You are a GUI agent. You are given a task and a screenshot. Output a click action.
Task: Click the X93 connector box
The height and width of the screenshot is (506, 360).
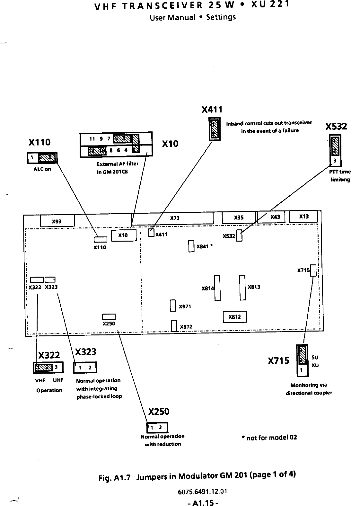(57, 221)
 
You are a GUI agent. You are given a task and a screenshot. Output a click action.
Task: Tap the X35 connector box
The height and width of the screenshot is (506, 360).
(239, 217)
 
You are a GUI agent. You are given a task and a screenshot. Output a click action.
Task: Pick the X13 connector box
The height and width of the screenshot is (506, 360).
(303, 217)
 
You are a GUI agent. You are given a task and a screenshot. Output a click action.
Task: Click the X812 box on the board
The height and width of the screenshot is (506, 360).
(235, 317)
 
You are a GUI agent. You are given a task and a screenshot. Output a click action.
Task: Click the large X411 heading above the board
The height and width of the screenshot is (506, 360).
(212, 110)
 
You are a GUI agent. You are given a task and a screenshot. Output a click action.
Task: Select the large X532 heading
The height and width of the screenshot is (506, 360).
(336, 127)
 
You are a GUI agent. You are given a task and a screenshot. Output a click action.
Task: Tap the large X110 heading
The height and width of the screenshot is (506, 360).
(40, 142)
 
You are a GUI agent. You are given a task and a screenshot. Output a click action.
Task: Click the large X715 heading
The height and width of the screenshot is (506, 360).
(278, 361)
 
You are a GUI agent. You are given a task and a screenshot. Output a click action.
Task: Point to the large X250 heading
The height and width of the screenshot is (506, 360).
(159, 412)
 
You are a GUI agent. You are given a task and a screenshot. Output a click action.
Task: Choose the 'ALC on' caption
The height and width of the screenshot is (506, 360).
(42, 169)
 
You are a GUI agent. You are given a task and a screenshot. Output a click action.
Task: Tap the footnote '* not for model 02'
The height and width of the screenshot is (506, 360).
(269, 437)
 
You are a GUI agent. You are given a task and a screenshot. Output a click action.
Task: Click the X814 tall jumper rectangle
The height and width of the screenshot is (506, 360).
(217, 288)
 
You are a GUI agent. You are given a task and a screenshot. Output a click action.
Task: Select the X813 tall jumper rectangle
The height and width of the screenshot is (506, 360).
(242, 287)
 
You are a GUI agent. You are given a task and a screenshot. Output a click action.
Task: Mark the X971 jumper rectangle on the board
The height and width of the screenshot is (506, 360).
(173, 306)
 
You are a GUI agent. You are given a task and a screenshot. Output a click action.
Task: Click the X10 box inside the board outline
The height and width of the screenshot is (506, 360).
(123, 235)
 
